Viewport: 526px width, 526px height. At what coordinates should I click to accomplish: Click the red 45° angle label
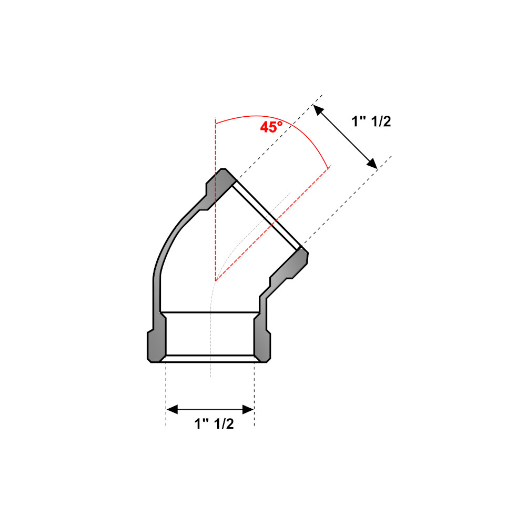[x=271, y=127]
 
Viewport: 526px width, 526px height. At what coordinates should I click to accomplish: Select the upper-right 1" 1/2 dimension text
[x=371, y=122]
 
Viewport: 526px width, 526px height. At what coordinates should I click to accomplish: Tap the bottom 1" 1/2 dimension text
[x=214, y=424]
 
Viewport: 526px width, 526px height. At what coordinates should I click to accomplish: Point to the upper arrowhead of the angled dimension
[x=317, y=109]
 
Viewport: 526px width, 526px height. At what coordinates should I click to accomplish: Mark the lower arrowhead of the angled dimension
[x=373, y=165]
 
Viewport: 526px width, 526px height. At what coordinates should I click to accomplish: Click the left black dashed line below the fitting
[x=166, y=394]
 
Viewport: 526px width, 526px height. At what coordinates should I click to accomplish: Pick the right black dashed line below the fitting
[x=255, y=394]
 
